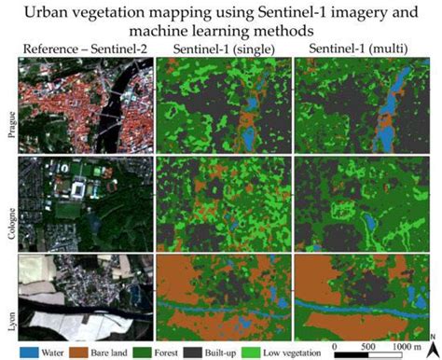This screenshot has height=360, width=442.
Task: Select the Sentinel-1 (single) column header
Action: (x=223, y=48)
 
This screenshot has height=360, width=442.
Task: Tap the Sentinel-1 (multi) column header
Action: (x=363, y=48)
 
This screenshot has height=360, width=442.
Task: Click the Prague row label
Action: (x=8, y=105)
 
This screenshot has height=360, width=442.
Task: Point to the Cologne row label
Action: (x=8, y=202)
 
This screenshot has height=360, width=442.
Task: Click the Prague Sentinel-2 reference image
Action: (x=85, y=104)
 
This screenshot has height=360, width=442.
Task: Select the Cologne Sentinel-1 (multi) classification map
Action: (x=363, y=202)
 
